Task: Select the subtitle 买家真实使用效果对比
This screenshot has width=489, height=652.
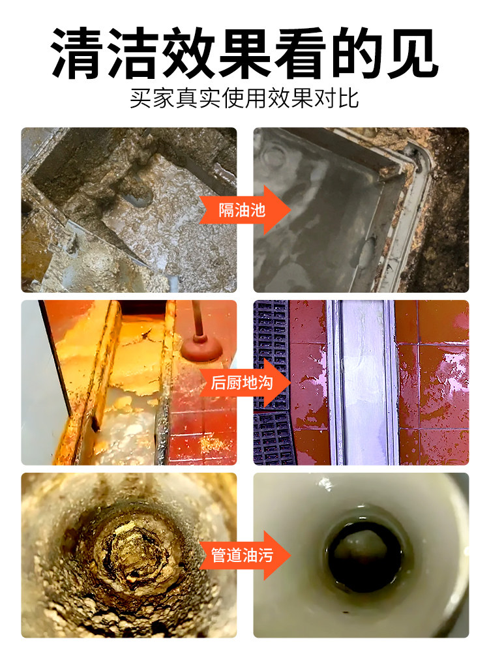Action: click(x=244, y=99)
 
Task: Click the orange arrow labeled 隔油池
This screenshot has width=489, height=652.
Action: click(x=245, y=210)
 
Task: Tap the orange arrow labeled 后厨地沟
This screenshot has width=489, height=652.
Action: click(x=245, y=383)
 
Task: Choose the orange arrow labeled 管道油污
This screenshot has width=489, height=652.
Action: click(x=245, y=556)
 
